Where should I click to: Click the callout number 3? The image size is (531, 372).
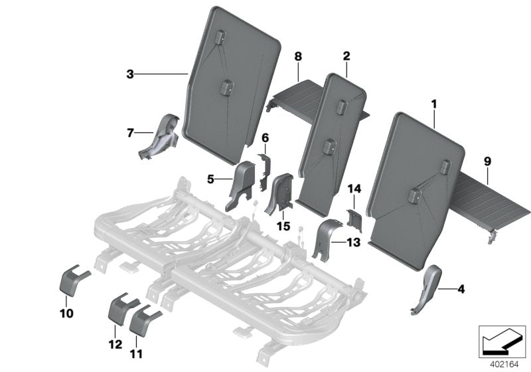(129, 74)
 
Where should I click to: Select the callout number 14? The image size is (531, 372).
(354, 189)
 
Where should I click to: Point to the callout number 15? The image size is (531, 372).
(284, 227)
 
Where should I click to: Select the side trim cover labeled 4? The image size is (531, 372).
(426, 288)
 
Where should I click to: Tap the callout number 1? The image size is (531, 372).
(434, 104)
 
